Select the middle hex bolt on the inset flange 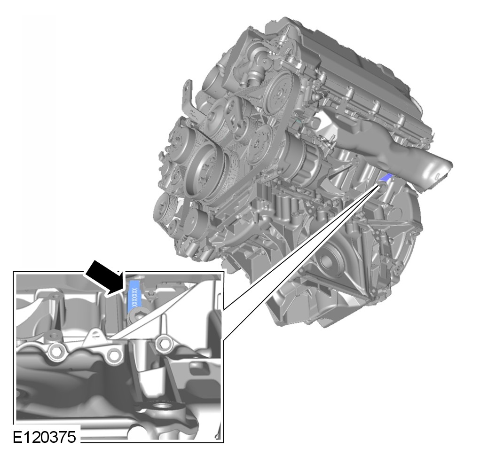114,355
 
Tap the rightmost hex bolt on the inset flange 164,345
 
